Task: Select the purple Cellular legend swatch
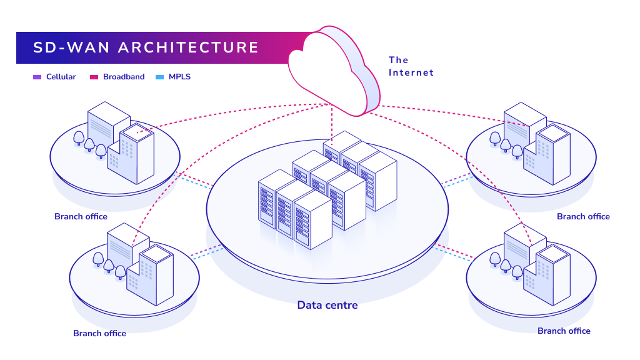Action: point(37,77)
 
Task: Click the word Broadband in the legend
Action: point(124,77)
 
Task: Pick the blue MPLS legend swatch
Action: point(159,77)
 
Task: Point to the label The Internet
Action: point(411,66)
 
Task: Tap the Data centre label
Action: point(327,305)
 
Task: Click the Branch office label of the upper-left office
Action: point(81,217)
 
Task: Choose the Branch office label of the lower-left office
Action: point(99,333)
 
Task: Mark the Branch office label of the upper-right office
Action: point(583,217)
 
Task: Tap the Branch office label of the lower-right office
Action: point(564,331)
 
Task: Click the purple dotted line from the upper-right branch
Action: point(454,181)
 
